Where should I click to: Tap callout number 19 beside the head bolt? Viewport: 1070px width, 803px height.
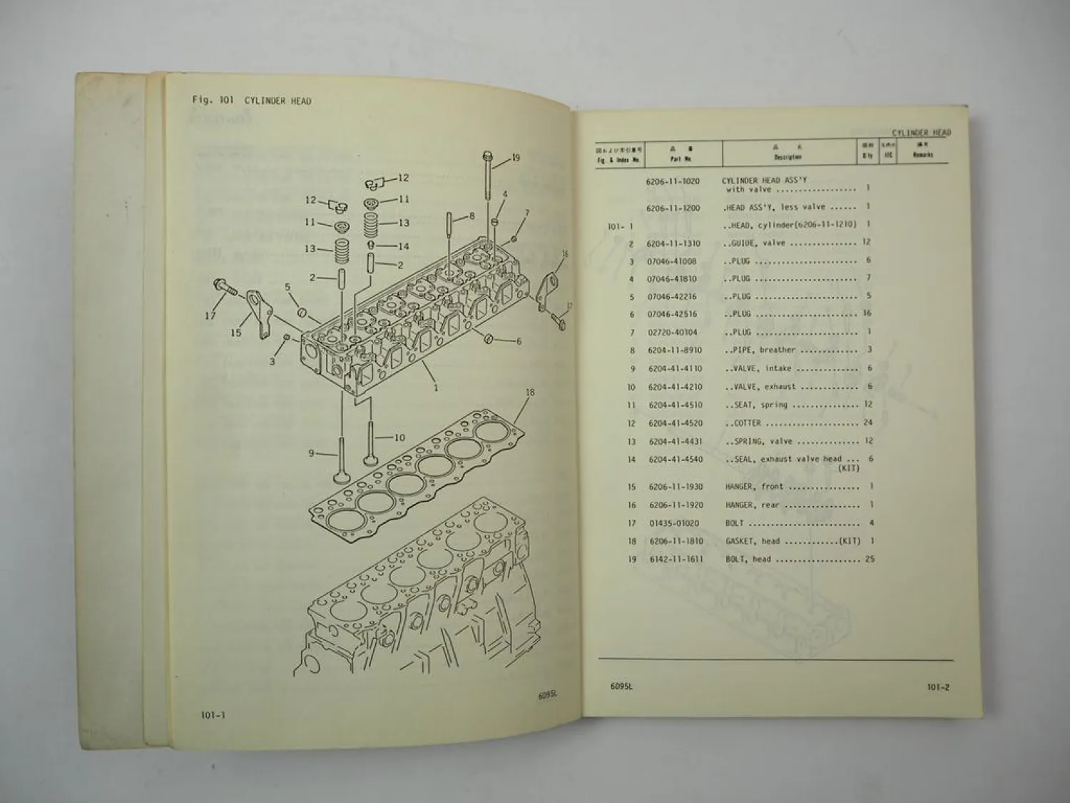click(x=516, y=158)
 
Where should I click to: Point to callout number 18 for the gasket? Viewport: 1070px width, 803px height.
click(x=530, y=393)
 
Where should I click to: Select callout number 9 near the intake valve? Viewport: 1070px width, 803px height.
click(x=312, y=453)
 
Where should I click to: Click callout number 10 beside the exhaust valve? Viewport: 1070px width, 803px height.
click(x=399, y=438)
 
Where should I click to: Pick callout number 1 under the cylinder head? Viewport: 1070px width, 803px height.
click(x=436, y=388)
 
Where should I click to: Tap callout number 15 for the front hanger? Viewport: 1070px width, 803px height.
click(x=236, y=333)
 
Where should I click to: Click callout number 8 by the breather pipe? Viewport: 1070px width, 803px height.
click(x=472, y=216)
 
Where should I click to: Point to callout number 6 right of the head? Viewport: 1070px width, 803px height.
click(x=519, y=341)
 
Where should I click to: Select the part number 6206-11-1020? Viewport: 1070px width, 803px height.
click(x=673, y=181)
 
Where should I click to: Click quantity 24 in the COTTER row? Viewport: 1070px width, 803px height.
click(x=867, y=423)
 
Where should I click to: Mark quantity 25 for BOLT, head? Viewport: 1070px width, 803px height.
click(x=870, y=559)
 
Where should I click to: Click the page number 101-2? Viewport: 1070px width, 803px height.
click(x=937, y=687)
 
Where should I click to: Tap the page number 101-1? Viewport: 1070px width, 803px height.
click(x=213, y=714)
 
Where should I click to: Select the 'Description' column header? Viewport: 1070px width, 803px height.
click(x=788, y=156)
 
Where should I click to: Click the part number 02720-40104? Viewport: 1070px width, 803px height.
click(x=672, y=332)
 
